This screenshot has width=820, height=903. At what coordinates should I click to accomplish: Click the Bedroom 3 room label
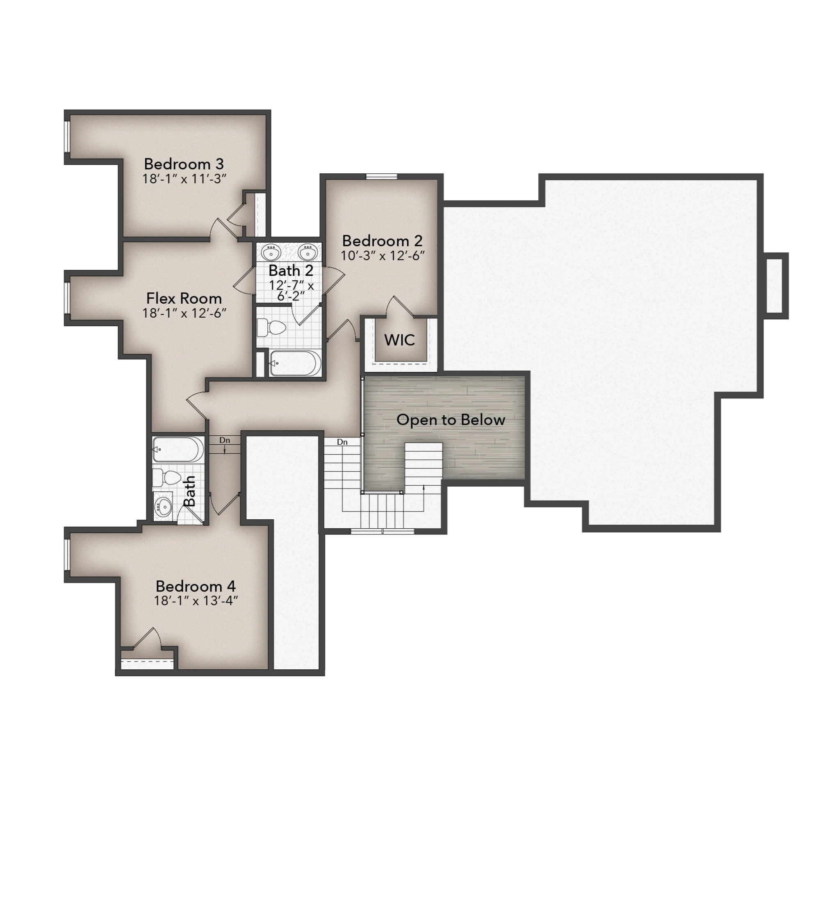click(184, 164)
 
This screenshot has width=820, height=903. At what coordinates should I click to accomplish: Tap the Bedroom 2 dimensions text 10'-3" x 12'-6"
click(382, 256)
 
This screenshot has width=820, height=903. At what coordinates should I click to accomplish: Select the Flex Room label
click(184, 298)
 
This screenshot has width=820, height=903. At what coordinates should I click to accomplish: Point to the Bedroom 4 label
click(196, 586)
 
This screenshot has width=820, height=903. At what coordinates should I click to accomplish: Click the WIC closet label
click(399, 340)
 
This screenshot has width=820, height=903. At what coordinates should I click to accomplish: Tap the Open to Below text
click(451, 420)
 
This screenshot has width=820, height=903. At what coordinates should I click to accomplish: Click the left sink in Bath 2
click(271, 252)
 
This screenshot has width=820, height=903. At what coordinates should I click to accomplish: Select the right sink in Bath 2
click(307, 252)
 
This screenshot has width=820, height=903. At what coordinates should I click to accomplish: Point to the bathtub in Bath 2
click(295, 363)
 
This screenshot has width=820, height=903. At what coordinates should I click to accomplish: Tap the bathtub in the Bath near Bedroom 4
click(178, 449)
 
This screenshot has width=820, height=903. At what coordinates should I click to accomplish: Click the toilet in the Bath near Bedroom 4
click(167, 478)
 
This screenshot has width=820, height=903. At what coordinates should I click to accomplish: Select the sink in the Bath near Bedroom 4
click(163, 507)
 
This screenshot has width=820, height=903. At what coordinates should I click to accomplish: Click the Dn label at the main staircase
click(342, 442)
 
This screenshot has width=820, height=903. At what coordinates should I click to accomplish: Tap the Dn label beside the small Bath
click(225, 440)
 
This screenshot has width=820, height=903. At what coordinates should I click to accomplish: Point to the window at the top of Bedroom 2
click(381, 177)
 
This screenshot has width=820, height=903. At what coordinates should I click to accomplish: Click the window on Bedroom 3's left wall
click(67, 136)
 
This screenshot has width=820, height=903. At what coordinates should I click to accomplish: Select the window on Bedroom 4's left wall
click(67, 555)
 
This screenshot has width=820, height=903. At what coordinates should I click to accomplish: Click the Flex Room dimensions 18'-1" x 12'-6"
click(184, 313)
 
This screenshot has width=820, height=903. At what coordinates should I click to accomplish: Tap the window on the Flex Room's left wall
click(67, 298)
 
